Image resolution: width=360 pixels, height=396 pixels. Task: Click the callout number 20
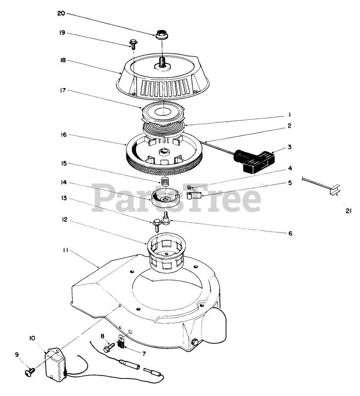click(x=61, y=13)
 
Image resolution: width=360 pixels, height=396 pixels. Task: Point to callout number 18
click(x=63, y=60)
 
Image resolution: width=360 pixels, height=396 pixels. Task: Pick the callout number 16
click(x=64, y=135)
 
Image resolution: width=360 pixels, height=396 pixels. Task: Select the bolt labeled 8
click(x=108, y=347)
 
